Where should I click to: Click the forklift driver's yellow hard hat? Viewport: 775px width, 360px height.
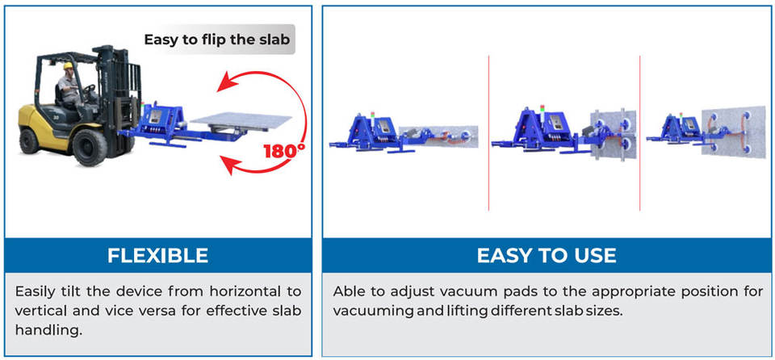click(68, 65)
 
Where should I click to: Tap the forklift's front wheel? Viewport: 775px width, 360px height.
click(90, 147)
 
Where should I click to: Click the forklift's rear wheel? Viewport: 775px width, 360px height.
click(29, 141)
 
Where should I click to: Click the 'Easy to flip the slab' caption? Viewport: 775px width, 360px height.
click(217, 39)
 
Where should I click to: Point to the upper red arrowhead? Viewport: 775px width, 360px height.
click(228, 82)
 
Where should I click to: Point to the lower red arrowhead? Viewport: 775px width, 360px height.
click(228, 165)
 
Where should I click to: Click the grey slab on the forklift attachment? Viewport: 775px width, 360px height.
click(241, 120)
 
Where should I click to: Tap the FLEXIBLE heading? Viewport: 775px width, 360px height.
click(157, 255)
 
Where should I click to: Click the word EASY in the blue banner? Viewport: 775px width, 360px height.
click(505, 255)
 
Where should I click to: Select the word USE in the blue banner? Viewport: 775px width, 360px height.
click(593, 255)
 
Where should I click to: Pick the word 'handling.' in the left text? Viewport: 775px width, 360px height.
click(48, 330)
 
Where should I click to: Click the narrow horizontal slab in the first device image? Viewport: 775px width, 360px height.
click(440, 136)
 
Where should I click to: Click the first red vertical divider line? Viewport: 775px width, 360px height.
click(489, 132)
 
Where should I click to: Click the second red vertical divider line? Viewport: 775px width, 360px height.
click(640, 132)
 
